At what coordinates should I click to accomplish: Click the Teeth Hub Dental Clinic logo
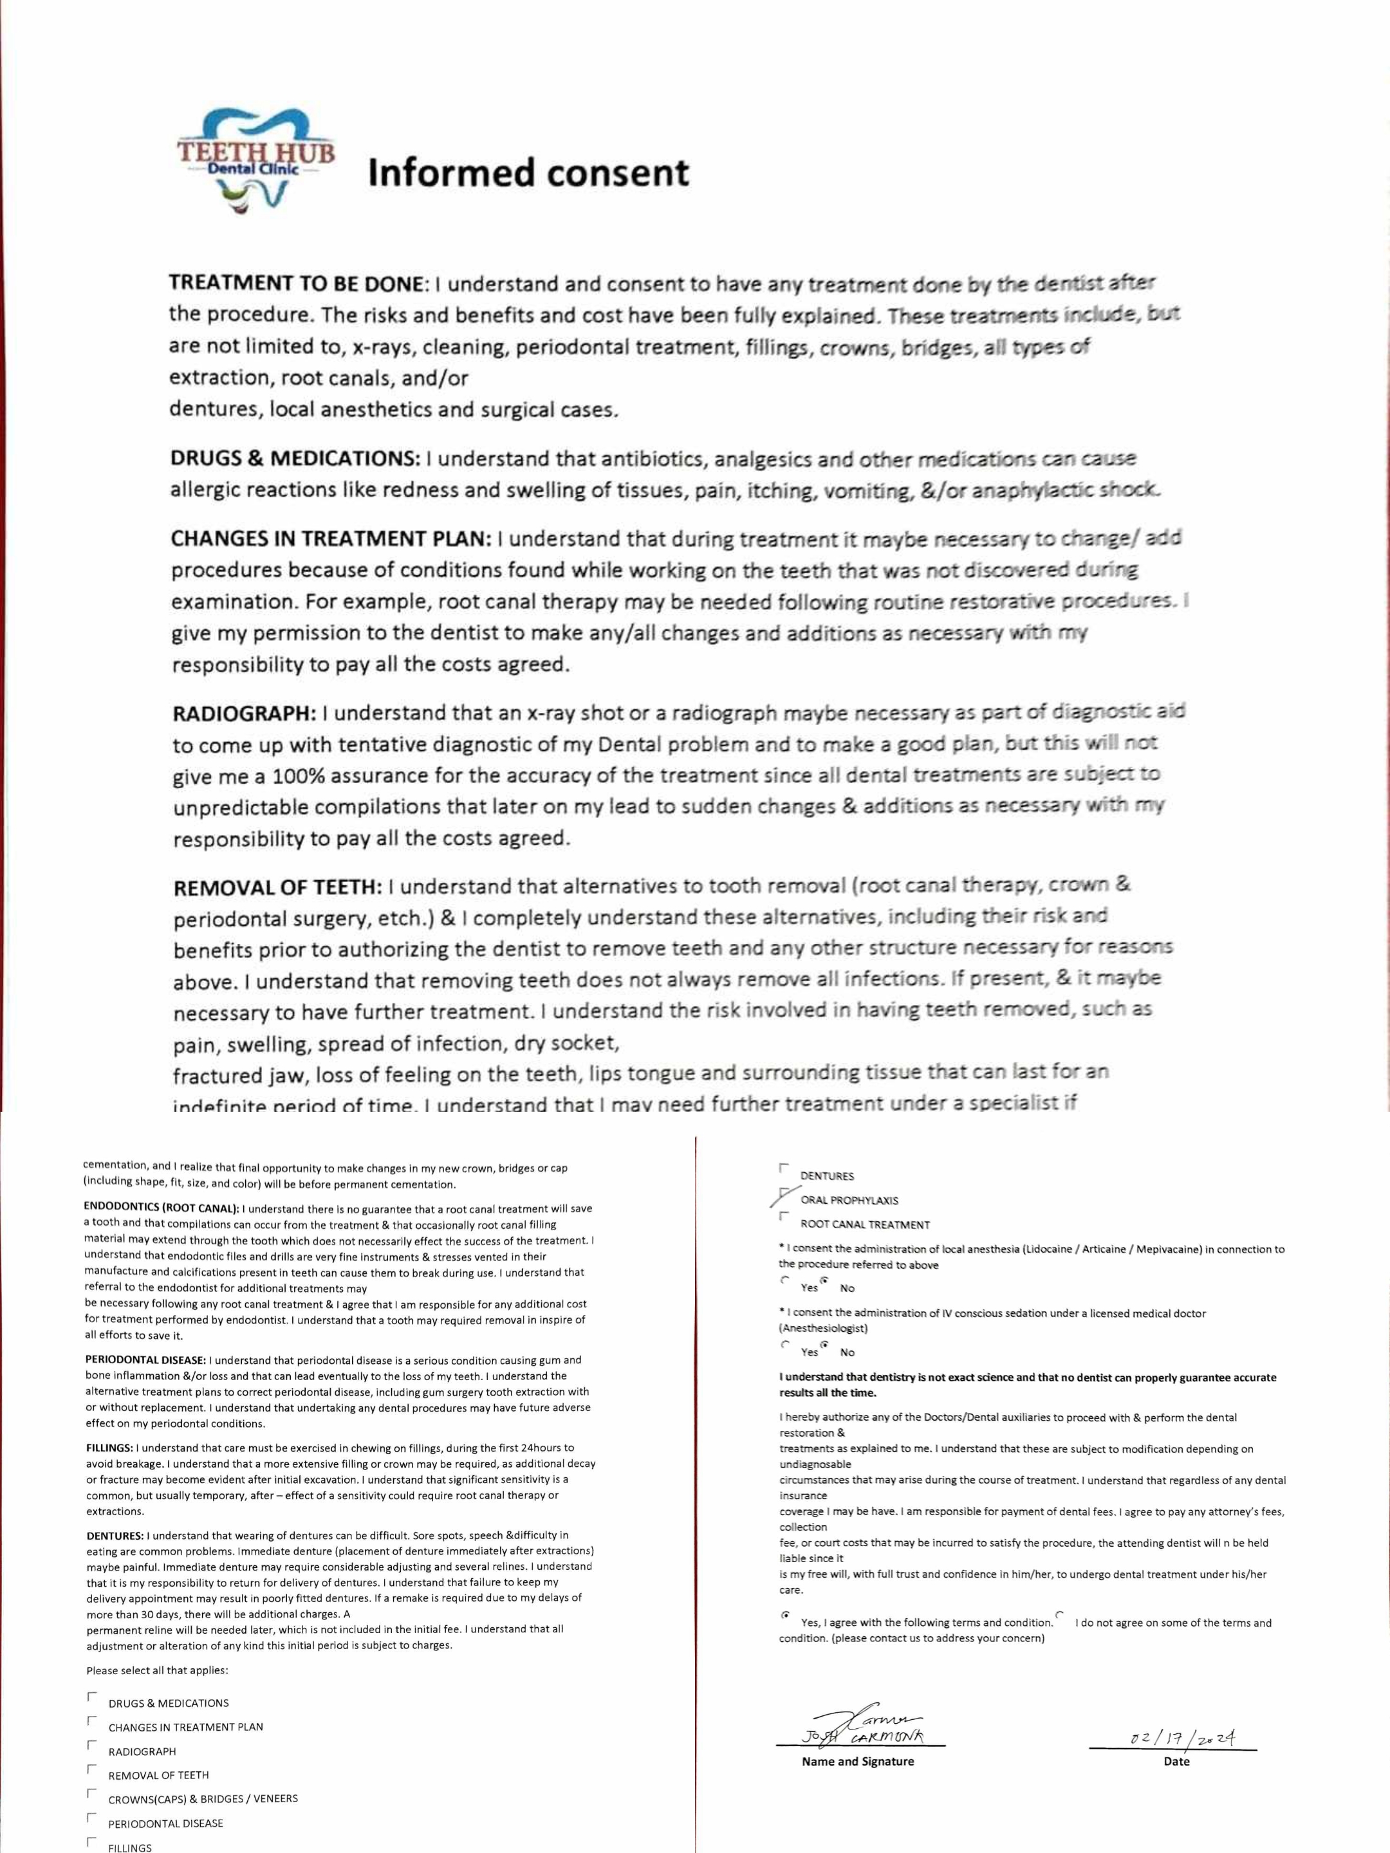[x=255, y=163]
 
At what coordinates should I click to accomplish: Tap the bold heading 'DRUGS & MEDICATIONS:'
[x=296, y=459]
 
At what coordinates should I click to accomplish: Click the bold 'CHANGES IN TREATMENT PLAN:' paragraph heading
[x=331, y=539]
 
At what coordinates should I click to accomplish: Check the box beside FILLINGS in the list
[x=91, y=1842]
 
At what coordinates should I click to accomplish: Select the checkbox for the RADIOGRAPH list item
[x=91, y=1746]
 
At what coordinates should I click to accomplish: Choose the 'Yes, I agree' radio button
[x=784, y=1614]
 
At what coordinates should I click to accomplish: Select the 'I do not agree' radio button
[x=1060, y=1614]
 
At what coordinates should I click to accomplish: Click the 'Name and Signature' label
[x=857, y=1762]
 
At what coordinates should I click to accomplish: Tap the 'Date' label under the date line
[x=1176, y=1762]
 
